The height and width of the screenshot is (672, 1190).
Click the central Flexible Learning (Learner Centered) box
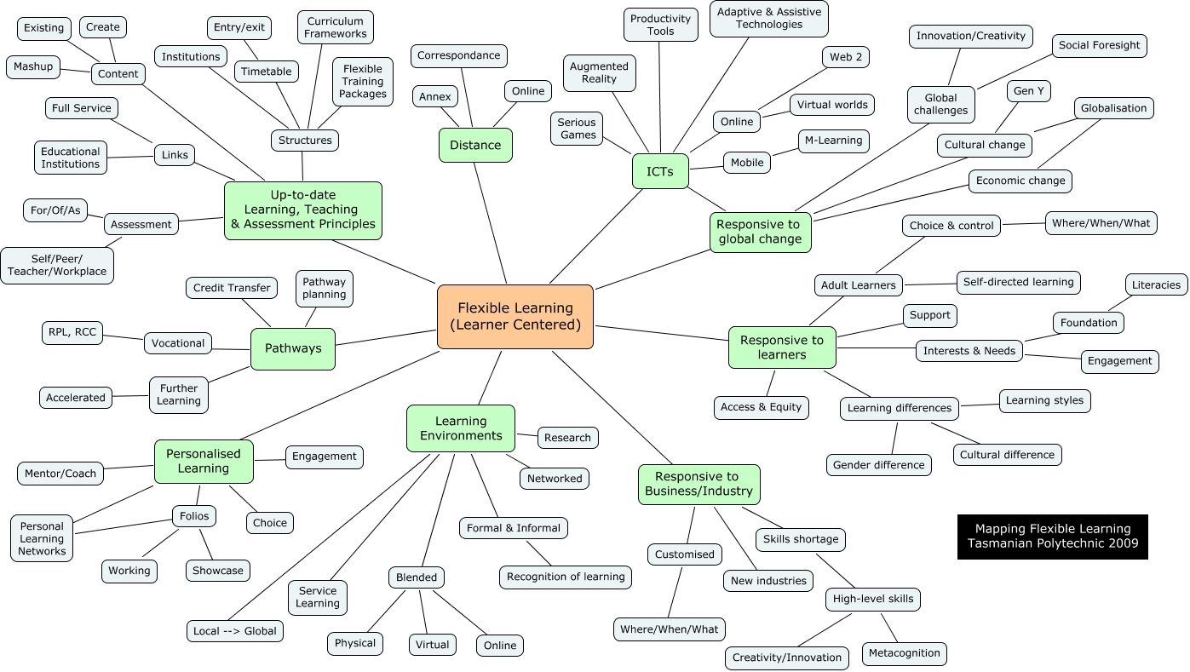pos(515,317)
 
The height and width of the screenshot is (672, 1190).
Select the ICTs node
pos(660,171)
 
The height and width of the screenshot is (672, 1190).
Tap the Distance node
pos(475,145)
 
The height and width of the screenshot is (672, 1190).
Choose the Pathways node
pos(293,348)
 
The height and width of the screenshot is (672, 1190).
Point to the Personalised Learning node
pos(204,461)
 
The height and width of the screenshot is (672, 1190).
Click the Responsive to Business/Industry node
pos(698,484)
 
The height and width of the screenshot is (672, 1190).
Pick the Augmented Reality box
pos(599,72)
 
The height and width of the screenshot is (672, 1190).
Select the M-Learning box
pos(833,141)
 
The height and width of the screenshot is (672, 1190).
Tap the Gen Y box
pos(1028,91)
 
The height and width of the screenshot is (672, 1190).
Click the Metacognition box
pos(904,653)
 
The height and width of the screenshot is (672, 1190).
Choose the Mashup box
pos(33,66)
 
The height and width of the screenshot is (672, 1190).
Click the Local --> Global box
pos(235,631)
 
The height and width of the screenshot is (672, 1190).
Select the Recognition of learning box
pos(566,577)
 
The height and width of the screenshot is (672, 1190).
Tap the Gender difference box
pos(878,465)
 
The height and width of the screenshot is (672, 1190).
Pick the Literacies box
pos(1156,284)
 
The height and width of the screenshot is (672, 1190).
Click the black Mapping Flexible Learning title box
pos(1052,537)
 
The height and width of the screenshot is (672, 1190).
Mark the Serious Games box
pos(578,128)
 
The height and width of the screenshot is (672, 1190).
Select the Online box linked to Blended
pos(500,646)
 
